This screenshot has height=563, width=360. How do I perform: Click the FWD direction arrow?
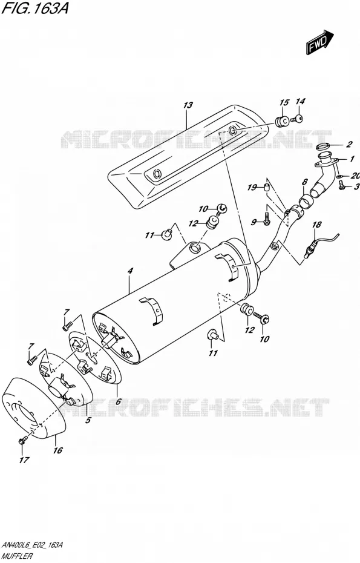(320, 42)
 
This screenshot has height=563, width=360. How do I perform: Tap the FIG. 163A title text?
(35, 8)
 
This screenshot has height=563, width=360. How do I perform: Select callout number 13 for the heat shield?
(188, 105)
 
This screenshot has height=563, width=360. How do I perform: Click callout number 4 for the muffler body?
(130, 271)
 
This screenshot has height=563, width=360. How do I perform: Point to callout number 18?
(316, 225)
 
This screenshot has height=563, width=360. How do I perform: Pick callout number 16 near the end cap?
(58, 450)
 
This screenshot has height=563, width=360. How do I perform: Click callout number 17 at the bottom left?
(24, 460)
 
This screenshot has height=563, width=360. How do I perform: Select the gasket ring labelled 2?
(323, 146)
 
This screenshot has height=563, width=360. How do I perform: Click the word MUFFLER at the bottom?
(17, 556)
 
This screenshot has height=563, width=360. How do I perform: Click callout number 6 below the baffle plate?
(119, 401)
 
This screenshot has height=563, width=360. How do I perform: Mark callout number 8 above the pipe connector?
(304, 182)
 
